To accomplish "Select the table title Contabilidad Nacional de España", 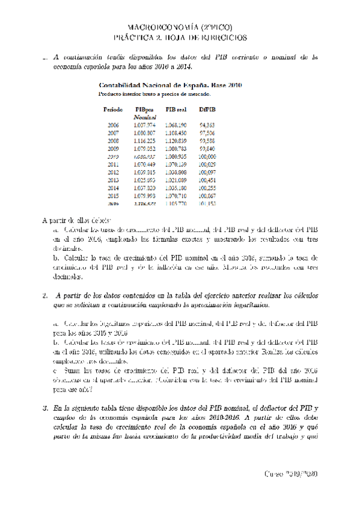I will click(x=170, y=85).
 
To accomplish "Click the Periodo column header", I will click(x=113, y=109).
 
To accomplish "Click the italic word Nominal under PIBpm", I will click(x=145, y=117).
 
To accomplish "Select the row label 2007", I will click(x=113, y=132).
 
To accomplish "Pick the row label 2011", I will click(x=113, y=164).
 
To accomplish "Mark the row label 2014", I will click(x=113, y=187).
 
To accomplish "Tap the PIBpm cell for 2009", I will click(x=145, y=148).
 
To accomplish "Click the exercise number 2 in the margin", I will click(x=45, y=296).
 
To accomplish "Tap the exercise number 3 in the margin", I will click(x=45, y=408).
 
